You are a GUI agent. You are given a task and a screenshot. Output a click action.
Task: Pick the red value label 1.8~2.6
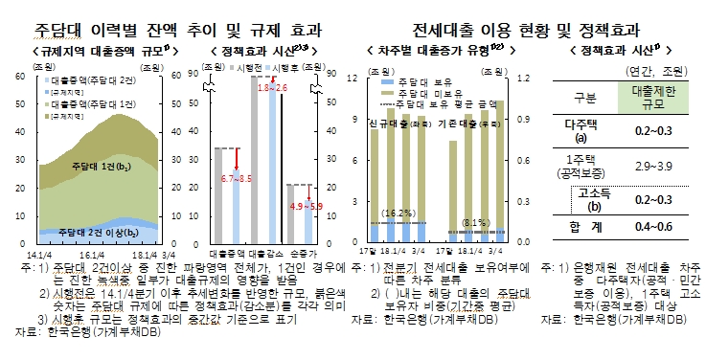pyautogui.click(x=272, y=87)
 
